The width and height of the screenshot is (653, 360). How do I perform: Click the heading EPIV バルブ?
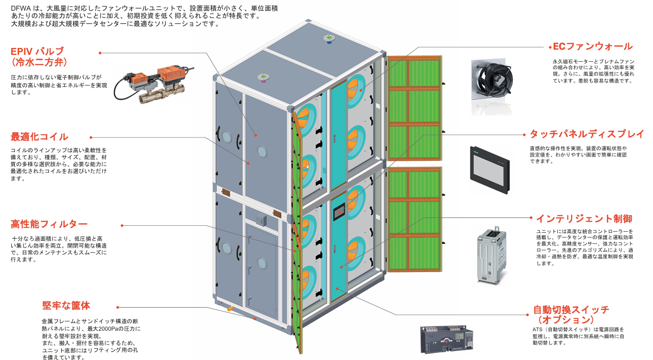[37, 51]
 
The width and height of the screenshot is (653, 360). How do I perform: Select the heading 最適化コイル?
[39, 136]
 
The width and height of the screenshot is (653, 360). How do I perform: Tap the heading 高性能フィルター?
[49, 224]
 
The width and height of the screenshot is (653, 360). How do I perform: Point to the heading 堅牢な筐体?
[66, 306]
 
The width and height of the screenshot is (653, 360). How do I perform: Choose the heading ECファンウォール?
[593, 46]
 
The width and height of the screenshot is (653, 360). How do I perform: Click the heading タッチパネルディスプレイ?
[587, 134]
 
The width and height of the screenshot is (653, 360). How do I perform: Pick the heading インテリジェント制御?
[584, 218]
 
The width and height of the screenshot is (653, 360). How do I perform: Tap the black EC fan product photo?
[492, 86]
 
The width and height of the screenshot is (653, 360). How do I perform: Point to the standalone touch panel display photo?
[490, 170]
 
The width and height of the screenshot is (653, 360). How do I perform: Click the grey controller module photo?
[492, 255]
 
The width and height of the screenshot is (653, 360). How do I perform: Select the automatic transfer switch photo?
[447, 340]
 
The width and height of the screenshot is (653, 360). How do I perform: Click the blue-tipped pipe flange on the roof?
[329, 39]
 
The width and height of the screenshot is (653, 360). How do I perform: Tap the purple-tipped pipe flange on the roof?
[263, 78]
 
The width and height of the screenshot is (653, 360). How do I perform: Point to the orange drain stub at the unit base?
[230, 308]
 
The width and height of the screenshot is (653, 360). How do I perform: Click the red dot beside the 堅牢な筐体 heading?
[118, 307]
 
